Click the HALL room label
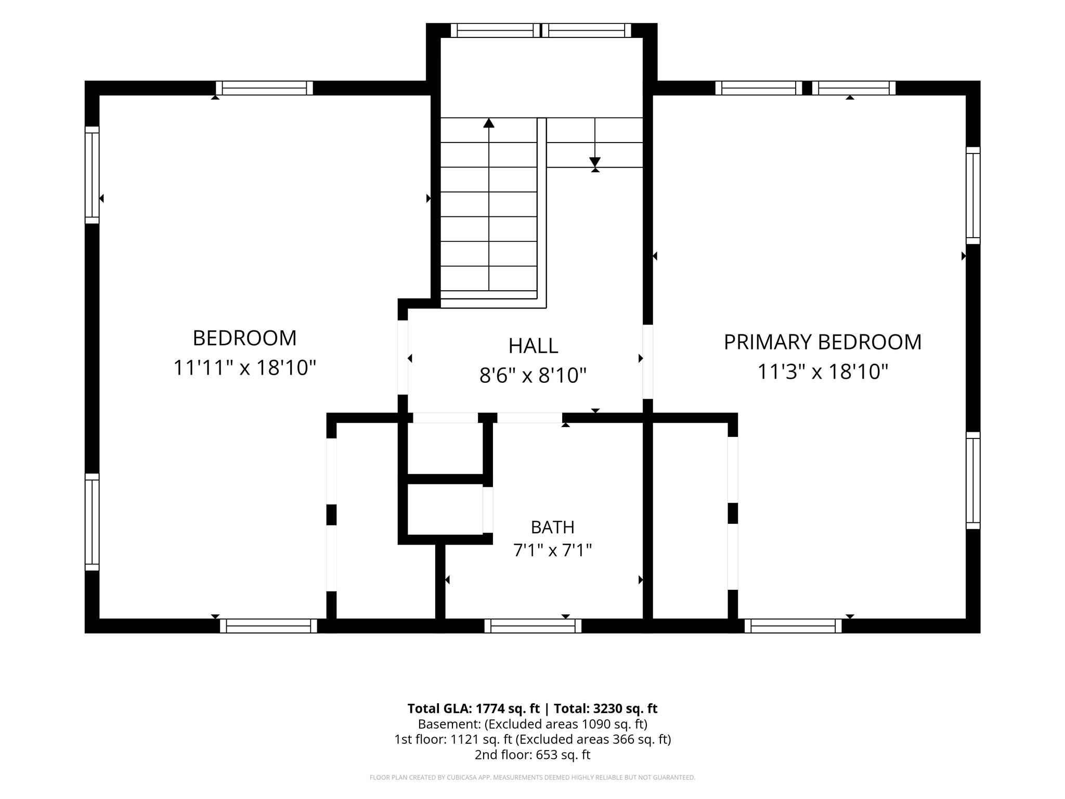pos(533,346)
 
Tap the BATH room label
pos(552,527)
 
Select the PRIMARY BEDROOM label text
pos(823,342)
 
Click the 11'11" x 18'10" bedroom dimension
pos(244,368)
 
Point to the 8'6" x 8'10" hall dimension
pos(532,375)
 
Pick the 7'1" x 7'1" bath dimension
pos(553,550)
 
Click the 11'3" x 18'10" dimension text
pos(823,372)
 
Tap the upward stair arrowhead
pos(489,123)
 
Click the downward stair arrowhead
pos(595,162)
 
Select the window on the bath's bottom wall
pos(533,626)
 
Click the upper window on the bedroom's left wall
pos(92,175)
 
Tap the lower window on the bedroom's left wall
pos(92,522)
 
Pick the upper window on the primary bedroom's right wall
pos(973,196)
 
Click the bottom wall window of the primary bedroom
pos(793,626)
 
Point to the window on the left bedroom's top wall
pos(264,88)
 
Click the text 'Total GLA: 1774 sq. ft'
pos(473,708)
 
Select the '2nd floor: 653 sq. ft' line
pos(532,755)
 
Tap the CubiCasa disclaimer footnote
pos(532,778)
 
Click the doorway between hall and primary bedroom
pos(648,362)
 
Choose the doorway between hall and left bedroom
pos(403,357)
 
